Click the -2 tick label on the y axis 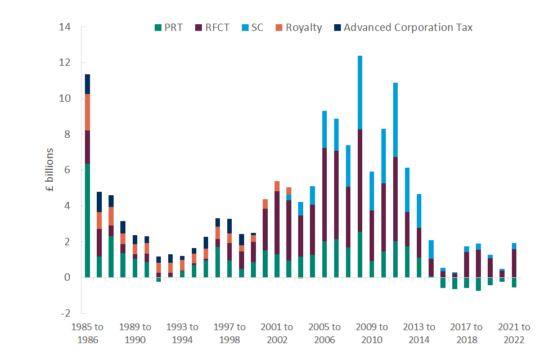66,313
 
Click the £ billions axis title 49,170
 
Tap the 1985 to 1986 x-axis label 88,334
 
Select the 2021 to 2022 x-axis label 514,334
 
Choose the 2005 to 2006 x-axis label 325,334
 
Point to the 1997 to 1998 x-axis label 229,334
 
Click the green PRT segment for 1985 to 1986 88,220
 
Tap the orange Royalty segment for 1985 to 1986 88,112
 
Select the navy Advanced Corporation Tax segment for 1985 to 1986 88,84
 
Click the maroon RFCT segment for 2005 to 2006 325,195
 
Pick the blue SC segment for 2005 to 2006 325,129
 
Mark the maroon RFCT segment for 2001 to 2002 277,223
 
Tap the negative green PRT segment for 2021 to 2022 514,282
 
